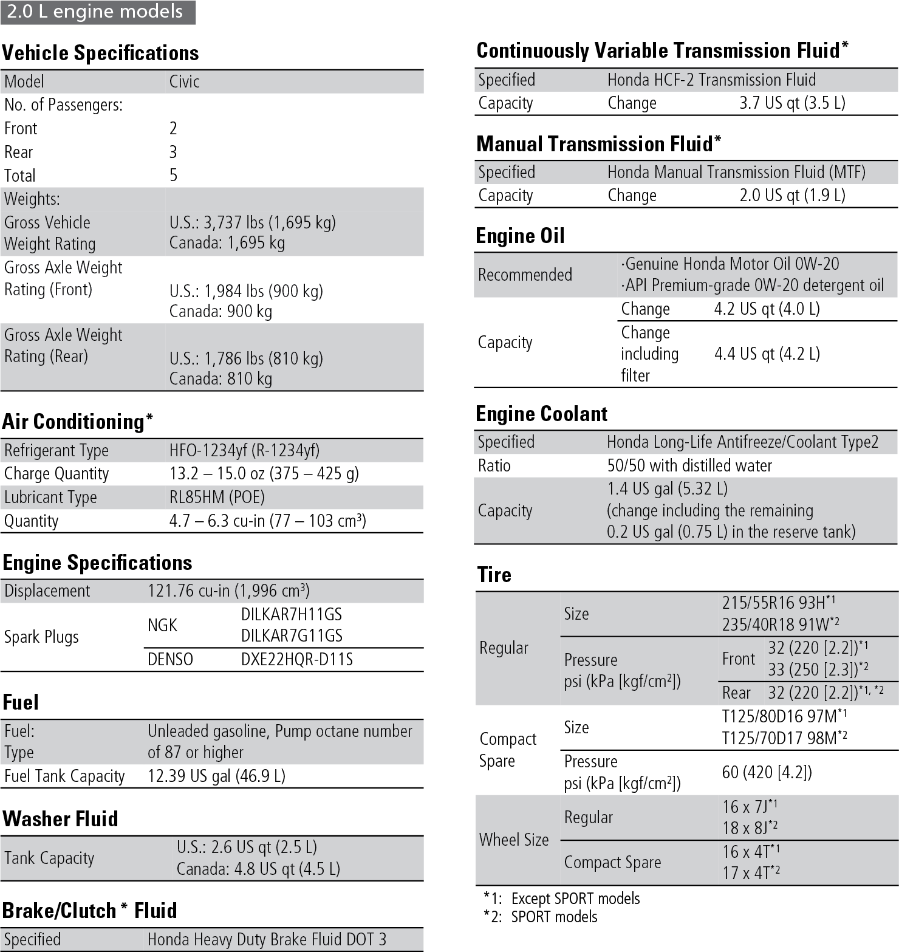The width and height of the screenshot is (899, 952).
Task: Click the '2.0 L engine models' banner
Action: point(97,12)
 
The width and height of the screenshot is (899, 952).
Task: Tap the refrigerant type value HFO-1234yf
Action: point(244,450)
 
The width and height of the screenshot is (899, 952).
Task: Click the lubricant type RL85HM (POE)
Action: point(217,497)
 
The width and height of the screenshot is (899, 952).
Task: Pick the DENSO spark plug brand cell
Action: point(170,659)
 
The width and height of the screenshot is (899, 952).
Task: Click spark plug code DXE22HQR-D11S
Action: point(296,659)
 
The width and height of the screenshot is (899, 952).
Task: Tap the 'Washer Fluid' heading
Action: point(60,818)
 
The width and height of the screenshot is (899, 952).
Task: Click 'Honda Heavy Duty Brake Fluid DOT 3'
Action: point(267,939)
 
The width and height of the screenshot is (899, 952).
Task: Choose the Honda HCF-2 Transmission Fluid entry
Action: point(711,80)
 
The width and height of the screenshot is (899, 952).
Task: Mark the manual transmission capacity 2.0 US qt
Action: point(792,195)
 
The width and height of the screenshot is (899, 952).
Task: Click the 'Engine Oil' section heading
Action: point(520,235)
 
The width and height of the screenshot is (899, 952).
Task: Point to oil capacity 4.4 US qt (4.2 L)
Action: point(767,354)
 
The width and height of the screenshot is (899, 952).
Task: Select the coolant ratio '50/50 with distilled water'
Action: point(689,465)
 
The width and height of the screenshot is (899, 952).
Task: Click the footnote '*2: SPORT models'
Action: point(540,917)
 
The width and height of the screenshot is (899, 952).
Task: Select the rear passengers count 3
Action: point(173,152)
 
